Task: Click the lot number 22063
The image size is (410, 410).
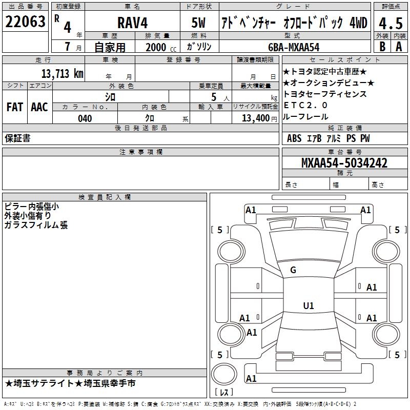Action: (25, 22)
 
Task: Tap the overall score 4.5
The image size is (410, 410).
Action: (390, 23)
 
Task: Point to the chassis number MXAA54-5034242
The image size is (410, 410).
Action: (344, 163)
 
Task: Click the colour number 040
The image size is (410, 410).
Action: (85, 118)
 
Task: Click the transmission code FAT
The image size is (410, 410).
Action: (14, 107)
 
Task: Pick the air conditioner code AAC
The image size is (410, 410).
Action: (39, 107)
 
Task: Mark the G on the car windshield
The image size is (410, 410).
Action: (293, 270)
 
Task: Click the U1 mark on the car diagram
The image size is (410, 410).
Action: (308, 305)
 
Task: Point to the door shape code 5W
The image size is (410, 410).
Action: (198, 23)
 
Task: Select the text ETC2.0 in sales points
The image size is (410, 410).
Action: (305, 105)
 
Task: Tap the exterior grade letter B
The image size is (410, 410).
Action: (382, 46)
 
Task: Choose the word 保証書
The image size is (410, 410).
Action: (17, 138)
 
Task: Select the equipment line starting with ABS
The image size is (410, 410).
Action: (328, 138)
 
